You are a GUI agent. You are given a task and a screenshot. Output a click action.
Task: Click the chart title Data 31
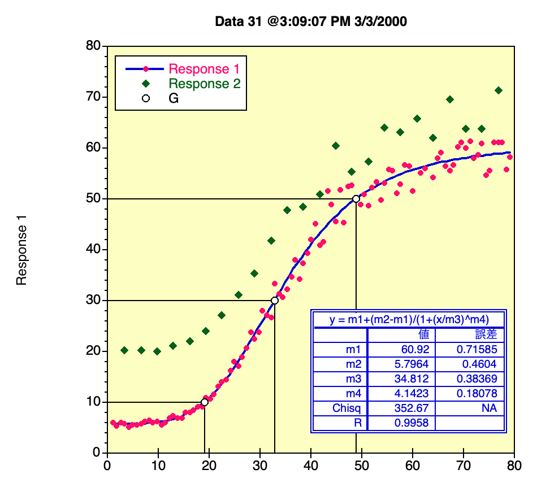tap(311, 21)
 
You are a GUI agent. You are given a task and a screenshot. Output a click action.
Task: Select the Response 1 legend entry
tap(204, 69)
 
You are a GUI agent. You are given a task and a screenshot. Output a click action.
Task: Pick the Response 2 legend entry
tap(205, 84)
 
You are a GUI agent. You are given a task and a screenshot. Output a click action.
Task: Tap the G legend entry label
tap(174, 98)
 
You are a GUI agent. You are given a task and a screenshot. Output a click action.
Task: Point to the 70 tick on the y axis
tap(93, 97)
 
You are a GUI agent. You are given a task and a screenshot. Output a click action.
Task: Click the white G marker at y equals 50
tap(356, 199)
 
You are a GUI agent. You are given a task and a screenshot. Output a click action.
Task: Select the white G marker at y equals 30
tap(275, 301)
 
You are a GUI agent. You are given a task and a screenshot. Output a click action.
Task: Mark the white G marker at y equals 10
tap(205, 402)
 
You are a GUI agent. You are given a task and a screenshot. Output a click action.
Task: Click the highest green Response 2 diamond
tap(499, 90)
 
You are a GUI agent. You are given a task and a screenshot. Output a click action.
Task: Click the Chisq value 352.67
tap(414, 408)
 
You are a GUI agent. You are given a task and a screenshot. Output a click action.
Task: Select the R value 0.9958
tap(414, 423)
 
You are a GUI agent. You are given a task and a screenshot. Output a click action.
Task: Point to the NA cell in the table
tap(489, 408)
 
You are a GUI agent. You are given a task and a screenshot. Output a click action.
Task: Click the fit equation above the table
tap(409, 319)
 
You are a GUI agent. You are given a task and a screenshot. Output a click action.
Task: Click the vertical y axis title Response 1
tap(22, 249)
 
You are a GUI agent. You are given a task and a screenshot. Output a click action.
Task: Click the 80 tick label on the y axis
tap(93, 46)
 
